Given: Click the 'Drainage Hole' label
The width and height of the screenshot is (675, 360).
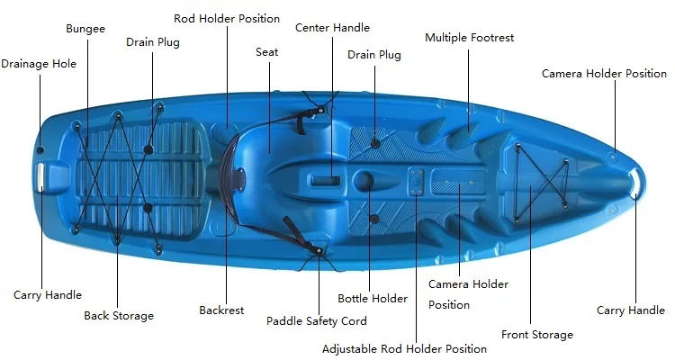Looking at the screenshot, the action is [x=39, y=64].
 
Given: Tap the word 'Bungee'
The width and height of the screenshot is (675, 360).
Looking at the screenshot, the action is [x=85, y=29].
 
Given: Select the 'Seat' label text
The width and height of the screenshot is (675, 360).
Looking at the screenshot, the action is [x=267, y=52].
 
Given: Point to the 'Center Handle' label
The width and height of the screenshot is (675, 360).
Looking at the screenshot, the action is [x=332, y=28].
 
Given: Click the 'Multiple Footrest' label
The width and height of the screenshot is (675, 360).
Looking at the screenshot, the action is [x=470, y=38].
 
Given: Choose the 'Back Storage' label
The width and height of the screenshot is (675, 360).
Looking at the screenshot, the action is [x=119, y=316].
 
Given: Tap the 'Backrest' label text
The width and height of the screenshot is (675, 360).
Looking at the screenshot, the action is [x=221, y=310].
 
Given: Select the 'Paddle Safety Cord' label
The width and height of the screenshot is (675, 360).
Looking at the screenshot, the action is [x=317, y=320].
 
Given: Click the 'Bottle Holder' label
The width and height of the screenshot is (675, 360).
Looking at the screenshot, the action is [x=373, y=299].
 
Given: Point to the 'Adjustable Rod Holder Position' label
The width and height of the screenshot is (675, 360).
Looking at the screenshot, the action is [x=404, y=348].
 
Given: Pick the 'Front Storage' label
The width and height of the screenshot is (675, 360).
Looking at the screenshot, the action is [x=537, y=335].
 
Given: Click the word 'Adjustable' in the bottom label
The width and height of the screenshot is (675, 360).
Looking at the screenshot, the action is [x=350, y=348].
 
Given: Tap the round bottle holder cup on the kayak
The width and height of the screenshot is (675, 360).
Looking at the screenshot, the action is [x=364, y=181].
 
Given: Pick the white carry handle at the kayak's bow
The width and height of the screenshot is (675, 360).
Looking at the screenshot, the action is [x=635, y=179].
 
